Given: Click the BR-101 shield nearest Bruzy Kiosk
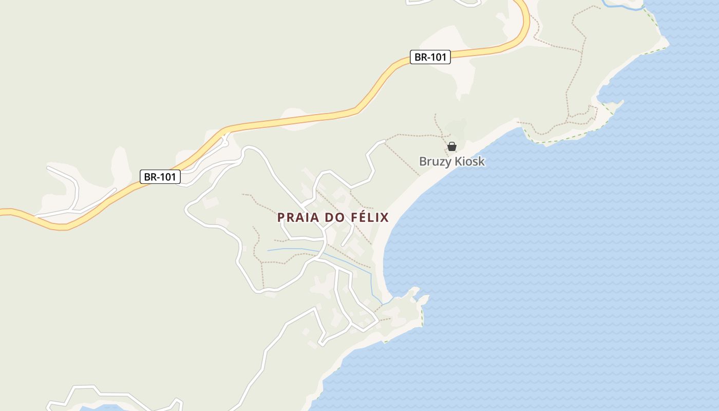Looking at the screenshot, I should (x=430, y=57).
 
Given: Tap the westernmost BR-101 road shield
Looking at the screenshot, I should (x=160, y=177).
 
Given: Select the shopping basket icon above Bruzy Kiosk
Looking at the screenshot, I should (x=452, y=146).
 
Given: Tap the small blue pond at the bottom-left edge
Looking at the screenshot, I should (x=103, y=408).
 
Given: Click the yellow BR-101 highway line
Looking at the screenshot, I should (x=288, y=122).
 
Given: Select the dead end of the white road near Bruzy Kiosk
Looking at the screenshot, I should (x=384, y=141).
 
